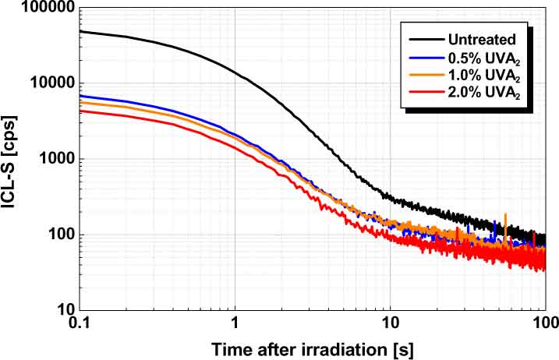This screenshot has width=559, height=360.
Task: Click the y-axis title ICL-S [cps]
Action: tap(13, 160)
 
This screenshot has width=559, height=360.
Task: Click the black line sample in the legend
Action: tap(421, 39)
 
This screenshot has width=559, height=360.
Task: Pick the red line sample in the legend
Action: tap(421, 94)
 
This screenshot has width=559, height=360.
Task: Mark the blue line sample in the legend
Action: tap(421, 57)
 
